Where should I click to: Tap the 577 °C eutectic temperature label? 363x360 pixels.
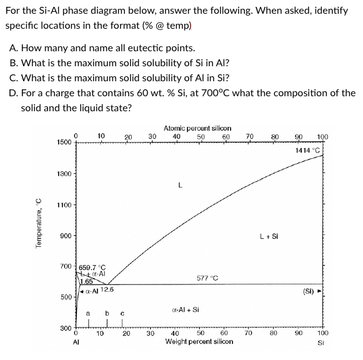(206, 277)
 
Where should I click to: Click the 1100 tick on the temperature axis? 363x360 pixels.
(66, 205)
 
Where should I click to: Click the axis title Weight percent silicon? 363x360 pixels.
(199, 342)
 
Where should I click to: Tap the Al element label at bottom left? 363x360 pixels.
(76, 342)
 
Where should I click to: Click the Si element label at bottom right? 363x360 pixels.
(321, 342)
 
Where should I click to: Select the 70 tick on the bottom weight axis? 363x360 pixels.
(249, 334)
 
